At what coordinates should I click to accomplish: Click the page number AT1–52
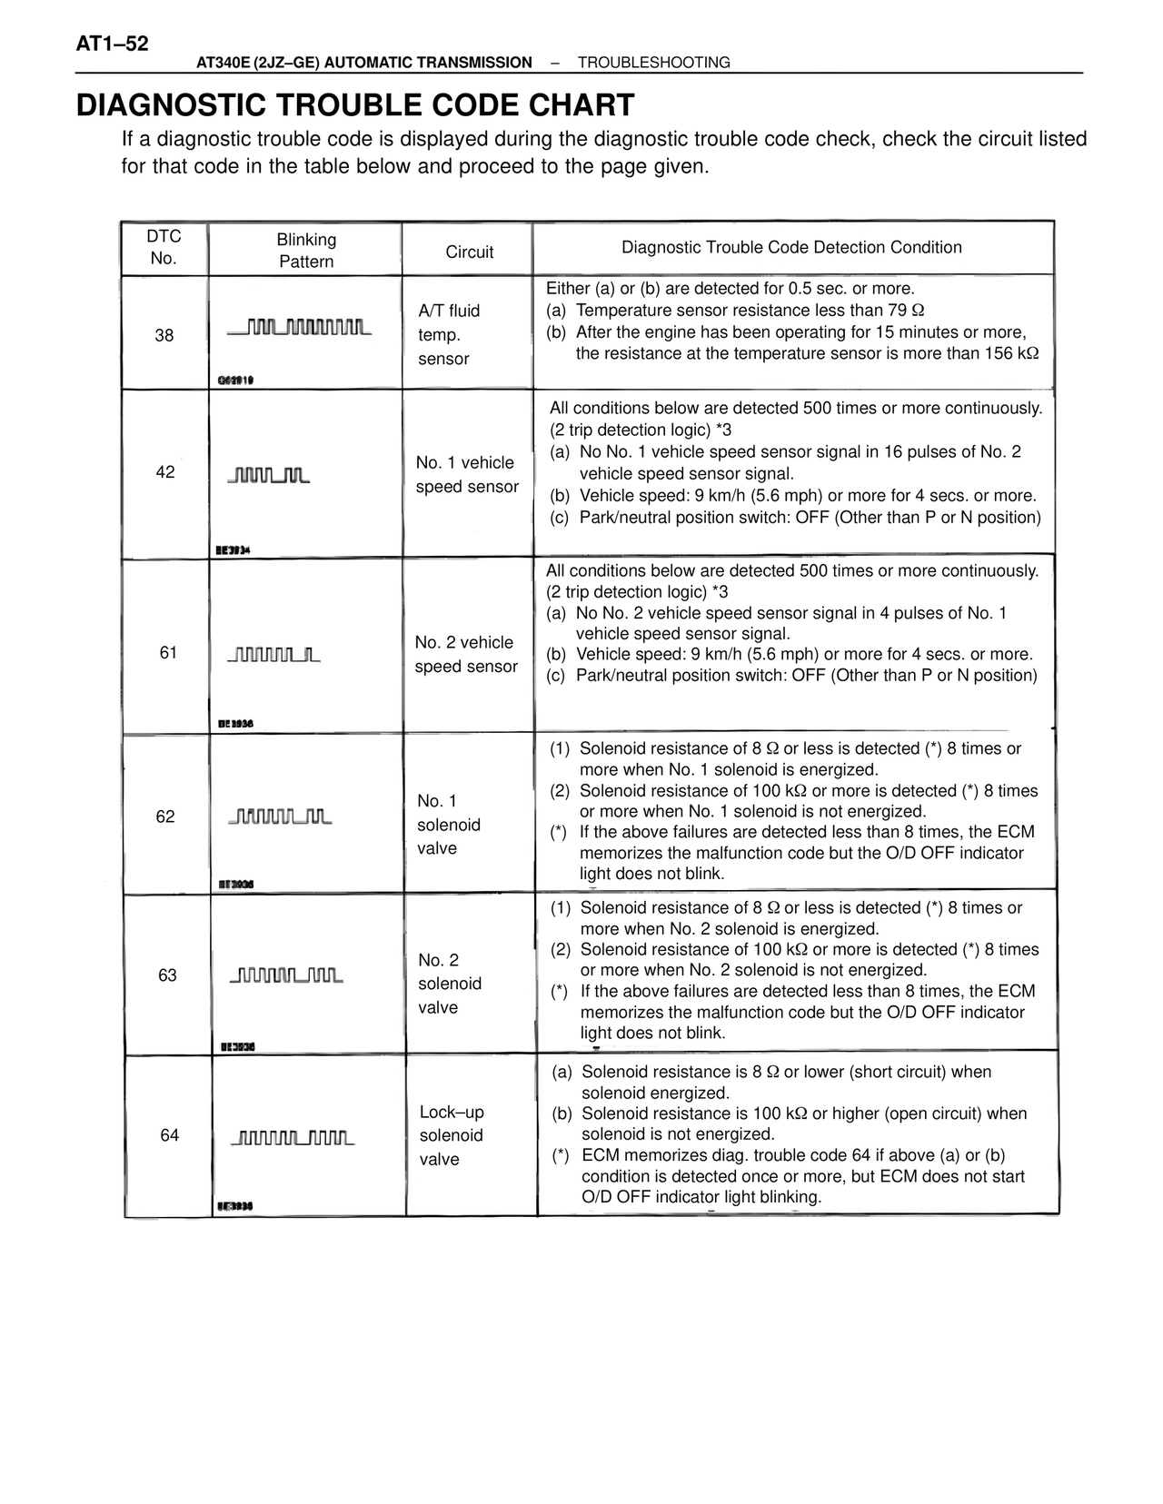(113, 44)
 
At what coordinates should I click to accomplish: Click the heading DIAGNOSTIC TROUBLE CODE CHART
(355, 105)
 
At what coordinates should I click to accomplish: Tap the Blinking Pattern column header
(306, 250)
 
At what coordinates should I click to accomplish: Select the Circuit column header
(469, 252)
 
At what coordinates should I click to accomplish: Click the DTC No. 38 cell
(164, 335)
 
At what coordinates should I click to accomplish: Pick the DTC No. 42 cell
(165, 472)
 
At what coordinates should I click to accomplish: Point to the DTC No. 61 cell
(168, 652)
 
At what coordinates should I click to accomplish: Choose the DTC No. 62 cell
(165, 816)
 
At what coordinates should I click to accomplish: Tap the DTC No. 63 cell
(167, 975)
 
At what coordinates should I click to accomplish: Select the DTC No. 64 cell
(170, 1135)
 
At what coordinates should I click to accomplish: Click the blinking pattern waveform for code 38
(299, 327)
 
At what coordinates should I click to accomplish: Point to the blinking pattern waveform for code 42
(269, 475)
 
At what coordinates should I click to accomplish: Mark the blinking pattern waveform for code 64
(293, 1138)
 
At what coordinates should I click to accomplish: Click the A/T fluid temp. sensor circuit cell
(449, 334)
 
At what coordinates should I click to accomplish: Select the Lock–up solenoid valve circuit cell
(452, 1135)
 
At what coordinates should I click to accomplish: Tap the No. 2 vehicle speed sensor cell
(466, 654)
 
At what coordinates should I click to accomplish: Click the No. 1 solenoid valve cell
(448, 825)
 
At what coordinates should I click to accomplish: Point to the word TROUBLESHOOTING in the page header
(653, 63)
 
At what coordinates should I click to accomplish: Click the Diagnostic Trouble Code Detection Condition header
(791, 247)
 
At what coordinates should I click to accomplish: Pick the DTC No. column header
(164, 247)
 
